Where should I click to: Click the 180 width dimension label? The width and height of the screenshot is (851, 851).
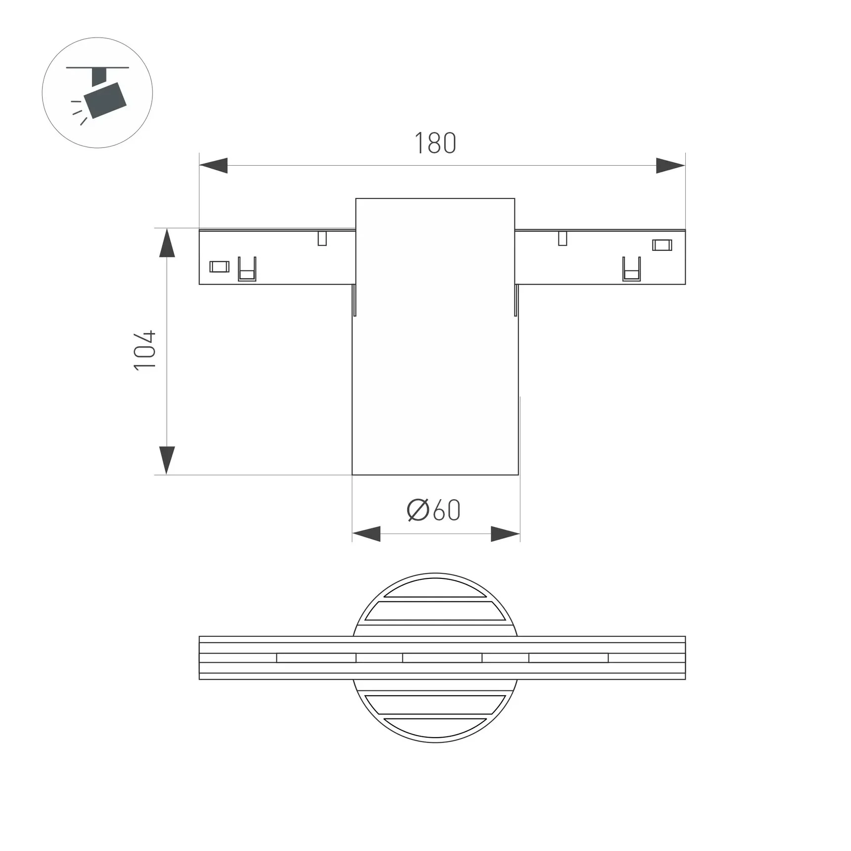tap(435, 143)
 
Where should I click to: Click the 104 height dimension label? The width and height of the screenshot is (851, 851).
tap(145, 350)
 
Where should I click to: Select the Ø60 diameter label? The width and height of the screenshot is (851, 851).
tap(434, 510)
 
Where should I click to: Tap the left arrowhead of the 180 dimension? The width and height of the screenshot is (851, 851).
tap(214, 166)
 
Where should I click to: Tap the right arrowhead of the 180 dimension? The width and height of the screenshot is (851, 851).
tap(670, 166)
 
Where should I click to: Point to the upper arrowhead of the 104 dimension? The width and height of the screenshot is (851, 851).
tap(167, 243)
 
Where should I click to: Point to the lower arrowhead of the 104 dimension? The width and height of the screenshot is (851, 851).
tap(167, 460)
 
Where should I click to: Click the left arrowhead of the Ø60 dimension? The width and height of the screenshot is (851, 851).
tap(366, 534)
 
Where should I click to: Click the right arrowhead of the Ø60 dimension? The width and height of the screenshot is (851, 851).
tap(505, 534)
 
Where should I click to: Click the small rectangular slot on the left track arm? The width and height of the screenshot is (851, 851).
tap(219, 267)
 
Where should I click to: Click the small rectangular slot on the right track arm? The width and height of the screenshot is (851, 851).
tap(662, 245)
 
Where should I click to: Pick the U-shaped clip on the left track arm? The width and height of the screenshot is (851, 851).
tap(247, 270)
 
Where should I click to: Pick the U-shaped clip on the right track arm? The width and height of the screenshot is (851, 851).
tap(631, 270)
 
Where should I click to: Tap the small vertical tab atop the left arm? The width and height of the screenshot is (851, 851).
tap(322, 238)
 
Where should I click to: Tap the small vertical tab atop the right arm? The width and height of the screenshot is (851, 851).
tap(563, 238)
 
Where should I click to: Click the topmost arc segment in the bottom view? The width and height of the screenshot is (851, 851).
tap(435, 589)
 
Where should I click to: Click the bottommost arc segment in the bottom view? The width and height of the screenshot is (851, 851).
tap(435, 727)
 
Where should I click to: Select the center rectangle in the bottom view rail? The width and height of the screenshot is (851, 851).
tap(442, 658)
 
